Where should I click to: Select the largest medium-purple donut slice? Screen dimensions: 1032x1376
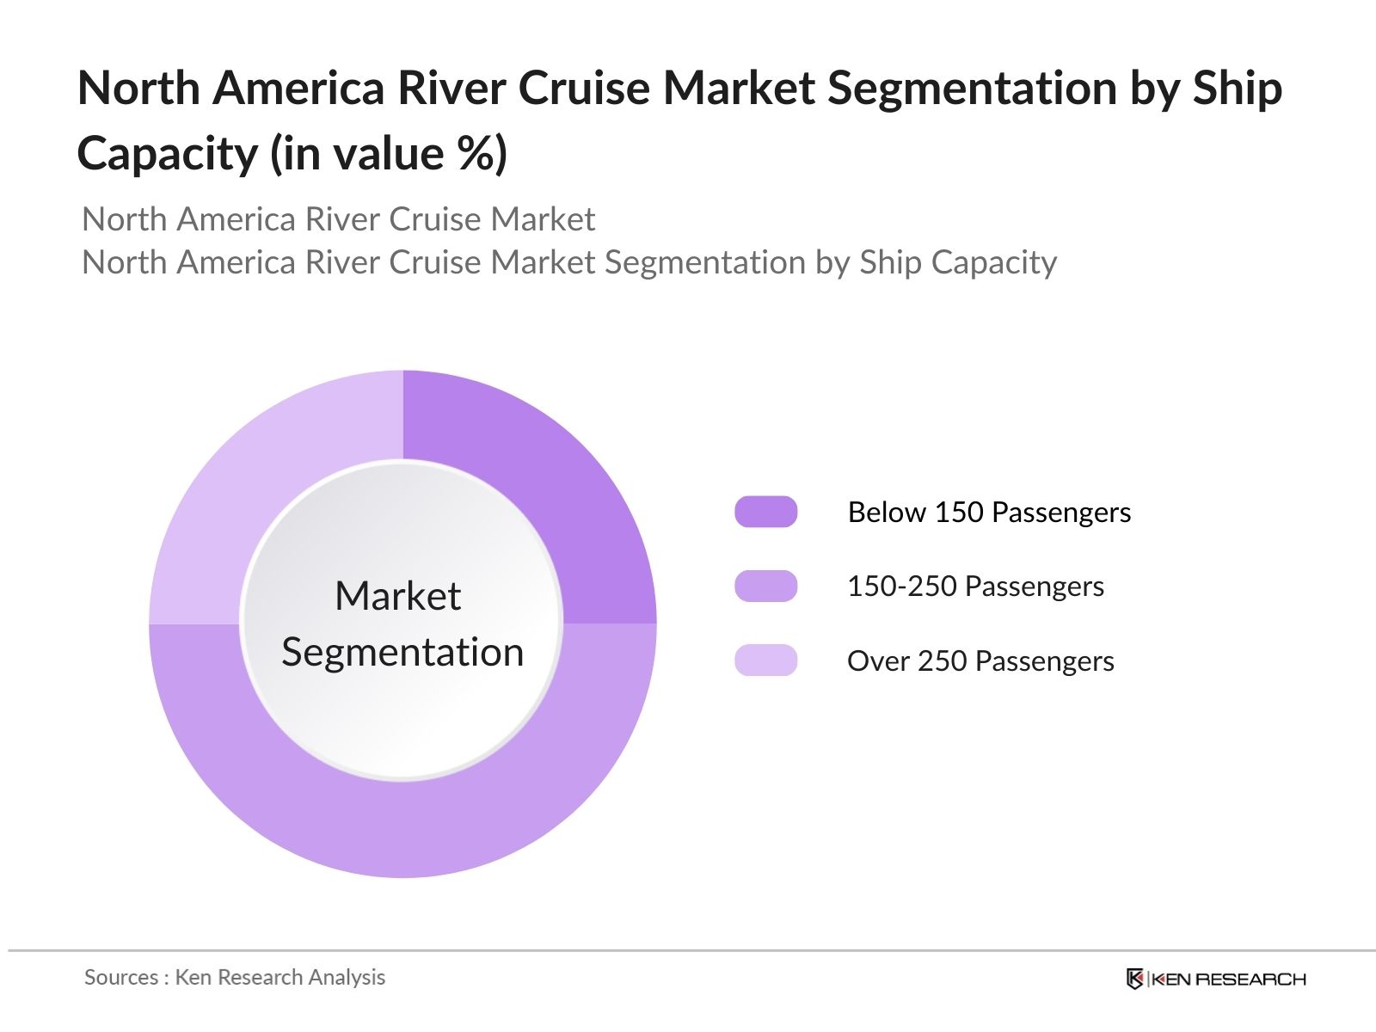[x=402, y=830]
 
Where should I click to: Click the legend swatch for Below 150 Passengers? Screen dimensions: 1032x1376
[x=765, y=512]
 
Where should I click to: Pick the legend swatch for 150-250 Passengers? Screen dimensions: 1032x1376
[x=765, y=586]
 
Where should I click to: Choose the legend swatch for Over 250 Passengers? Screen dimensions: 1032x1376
[x=765, y=660]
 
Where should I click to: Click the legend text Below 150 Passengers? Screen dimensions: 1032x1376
[x=989, y=512]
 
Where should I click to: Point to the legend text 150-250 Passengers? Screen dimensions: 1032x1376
[x=975, y=586]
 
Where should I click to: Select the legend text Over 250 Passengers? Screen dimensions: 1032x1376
[x=980, y=660]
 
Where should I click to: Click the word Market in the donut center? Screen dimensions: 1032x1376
[x=397, y=595]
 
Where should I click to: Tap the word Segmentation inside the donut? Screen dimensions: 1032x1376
[x=402, y=652]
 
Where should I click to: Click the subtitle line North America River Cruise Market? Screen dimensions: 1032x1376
[x=338, y=219]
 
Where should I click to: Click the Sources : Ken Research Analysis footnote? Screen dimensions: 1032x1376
[x=235, y=977]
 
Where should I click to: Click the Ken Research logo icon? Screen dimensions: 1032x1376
[x=1135, y=979]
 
